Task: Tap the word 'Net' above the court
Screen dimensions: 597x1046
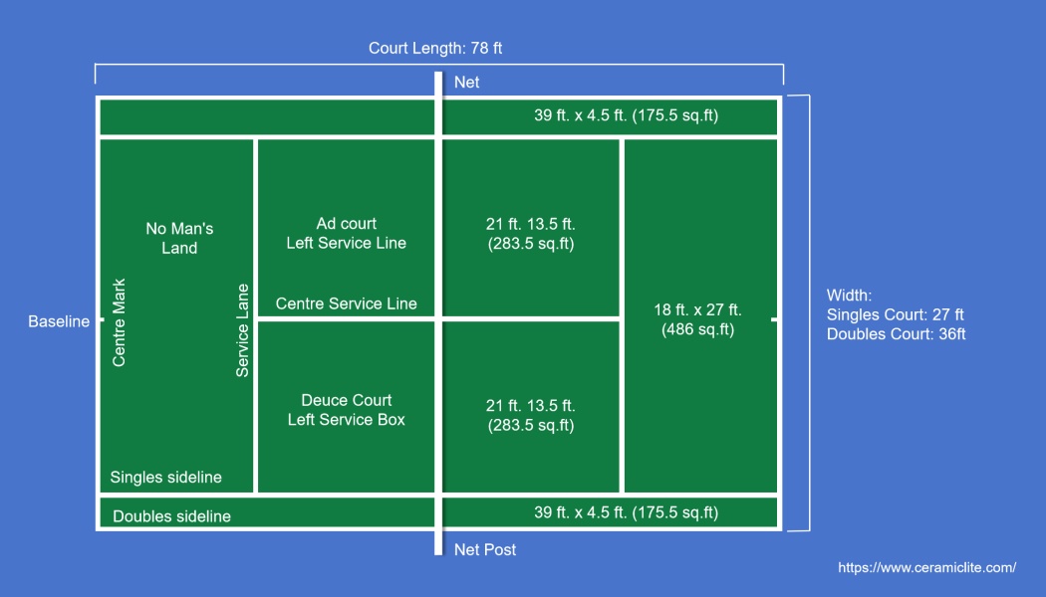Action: click(466, 83)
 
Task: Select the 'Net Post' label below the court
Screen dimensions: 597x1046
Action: click(485, 549)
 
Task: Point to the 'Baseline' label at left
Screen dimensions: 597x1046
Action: click(59, 321)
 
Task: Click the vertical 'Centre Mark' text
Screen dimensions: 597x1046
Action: click(120, 322)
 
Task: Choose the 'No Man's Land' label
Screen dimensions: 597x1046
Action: click(179, 239)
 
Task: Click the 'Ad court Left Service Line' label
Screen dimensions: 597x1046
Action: click(347, 234)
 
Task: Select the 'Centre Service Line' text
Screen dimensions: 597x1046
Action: click(347, 303)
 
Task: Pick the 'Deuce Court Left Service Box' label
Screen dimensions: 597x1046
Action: click(347, 410)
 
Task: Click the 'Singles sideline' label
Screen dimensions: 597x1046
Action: click(166, 478)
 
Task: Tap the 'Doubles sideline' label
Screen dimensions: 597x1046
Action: click(171, 516)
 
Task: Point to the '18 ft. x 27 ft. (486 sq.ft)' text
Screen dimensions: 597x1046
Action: click(697, 319)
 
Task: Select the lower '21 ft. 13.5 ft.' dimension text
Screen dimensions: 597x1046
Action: click(530, 415)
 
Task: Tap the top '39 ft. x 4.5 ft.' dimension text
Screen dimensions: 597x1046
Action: click(626, 115)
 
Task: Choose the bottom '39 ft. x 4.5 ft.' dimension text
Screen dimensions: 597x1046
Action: click(626, 512)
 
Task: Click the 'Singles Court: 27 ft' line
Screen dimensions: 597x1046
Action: click(895, 314)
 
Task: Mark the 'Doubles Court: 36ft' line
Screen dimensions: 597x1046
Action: click(896, 334)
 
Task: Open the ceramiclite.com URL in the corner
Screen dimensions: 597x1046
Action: click(926, 567)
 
